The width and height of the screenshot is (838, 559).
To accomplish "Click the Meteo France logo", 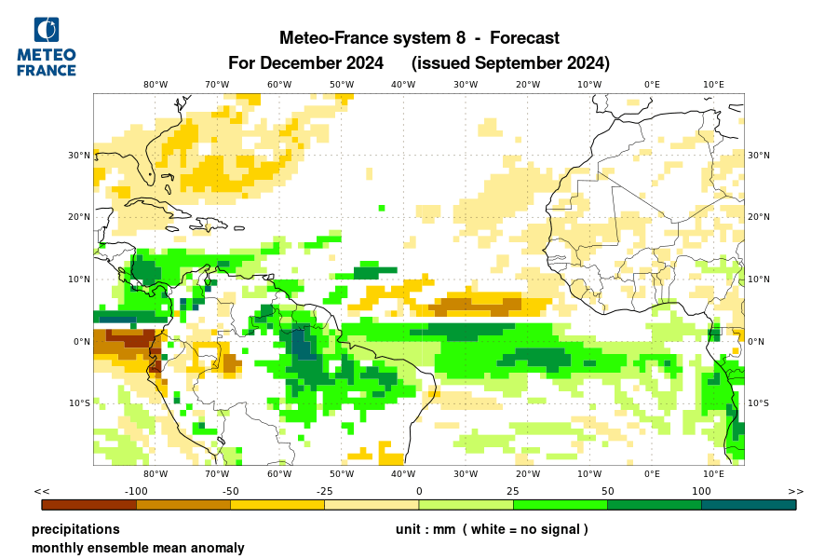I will click(47, 47).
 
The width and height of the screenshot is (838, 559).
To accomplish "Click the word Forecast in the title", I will click(524, 38).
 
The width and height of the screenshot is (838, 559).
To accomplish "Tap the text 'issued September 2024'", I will click(510, 63).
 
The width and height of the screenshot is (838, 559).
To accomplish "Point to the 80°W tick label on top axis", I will click(155, 84).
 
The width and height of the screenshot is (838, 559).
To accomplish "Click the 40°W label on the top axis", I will click(403, 84).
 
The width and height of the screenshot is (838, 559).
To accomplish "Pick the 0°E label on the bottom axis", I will click(652, 473).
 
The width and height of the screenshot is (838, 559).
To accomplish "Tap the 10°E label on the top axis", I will click(713, 84).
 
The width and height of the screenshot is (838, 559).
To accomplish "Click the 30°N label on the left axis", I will click(79, 156).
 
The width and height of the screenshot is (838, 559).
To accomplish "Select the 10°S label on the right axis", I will click(759, 403).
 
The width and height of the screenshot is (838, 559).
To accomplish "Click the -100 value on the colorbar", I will click(137, 491).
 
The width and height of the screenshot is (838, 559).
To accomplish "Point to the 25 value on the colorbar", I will click(512, 491).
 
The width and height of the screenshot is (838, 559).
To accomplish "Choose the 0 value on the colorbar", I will click(419, 491).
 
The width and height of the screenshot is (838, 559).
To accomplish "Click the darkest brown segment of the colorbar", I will click(89, 505).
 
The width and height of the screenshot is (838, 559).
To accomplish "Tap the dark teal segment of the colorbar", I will click(749, 505).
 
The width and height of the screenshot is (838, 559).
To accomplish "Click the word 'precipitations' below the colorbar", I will click(75, 529).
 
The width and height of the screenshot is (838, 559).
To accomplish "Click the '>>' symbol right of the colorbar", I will click(795, 491).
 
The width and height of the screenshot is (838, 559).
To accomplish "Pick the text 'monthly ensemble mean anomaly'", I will click(138, 548).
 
